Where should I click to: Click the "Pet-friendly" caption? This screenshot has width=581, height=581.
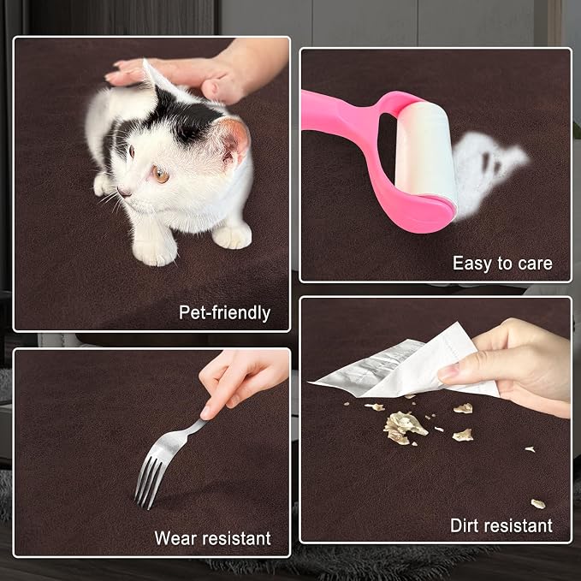pos(224,313)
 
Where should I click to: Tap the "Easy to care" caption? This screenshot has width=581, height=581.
pos(502,264)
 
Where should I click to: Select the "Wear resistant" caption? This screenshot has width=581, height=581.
pos(213,538)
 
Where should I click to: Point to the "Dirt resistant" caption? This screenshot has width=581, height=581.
pos(501,525)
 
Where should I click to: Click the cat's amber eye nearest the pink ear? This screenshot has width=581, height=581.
pos(161,174)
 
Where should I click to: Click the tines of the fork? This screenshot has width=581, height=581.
pos(147,482)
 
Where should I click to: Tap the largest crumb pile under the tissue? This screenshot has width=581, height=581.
pos(404,428)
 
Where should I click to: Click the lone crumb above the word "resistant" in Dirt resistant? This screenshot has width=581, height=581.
pos(538,504)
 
